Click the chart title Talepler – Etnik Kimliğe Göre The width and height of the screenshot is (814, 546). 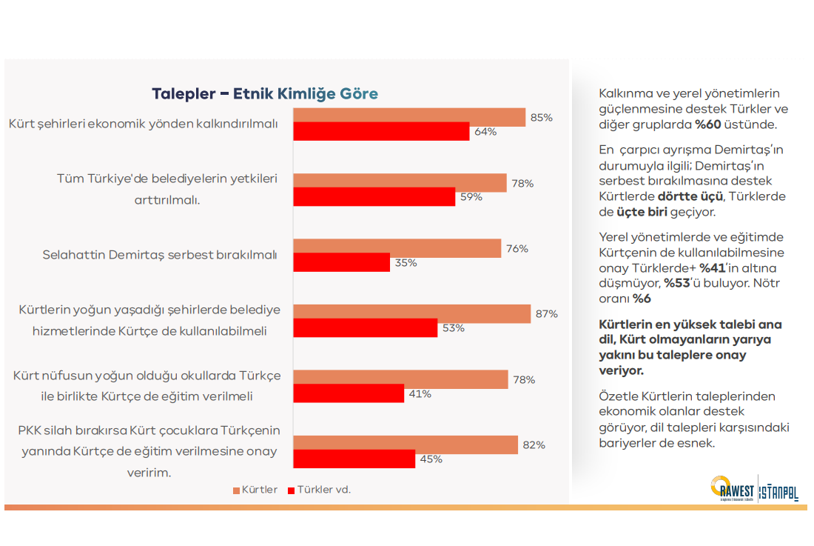pyautogui.click(x=264, y=94)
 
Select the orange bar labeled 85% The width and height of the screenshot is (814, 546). pyautogui.click(x=409, y=116)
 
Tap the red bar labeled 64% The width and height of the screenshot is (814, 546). pyautogui.click(x=381, y=132)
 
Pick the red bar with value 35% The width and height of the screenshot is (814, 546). pyautogui.click(x=341, y=262)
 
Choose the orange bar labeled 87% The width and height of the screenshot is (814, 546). pyautogui.click(x=412, y=313)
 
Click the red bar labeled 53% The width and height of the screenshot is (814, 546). pyautogui.click(x=366, y=327)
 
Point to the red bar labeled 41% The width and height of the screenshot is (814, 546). pyautogui.click(x=349, y=393)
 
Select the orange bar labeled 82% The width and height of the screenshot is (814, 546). pyautogui.click(x=406, y=445)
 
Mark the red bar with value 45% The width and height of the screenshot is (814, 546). pyautogui.click(x=354, y=459)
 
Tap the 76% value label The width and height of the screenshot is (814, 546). pyautogui.click(x=517, y=249)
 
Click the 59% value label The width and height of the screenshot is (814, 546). pyautogui.click(x=471, y=197)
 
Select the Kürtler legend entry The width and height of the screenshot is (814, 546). pyautogui.click(x=255, y=490)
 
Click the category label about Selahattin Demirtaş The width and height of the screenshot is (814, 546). pyautogui.click(x=160, y=255)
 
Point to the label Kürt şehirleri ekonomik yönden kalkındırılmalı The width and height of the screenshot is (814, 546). pyautogui.click(x=144, y=124)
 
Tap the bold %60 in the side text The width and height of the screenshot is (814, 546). pyautogui.click(x=708, y=124)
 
